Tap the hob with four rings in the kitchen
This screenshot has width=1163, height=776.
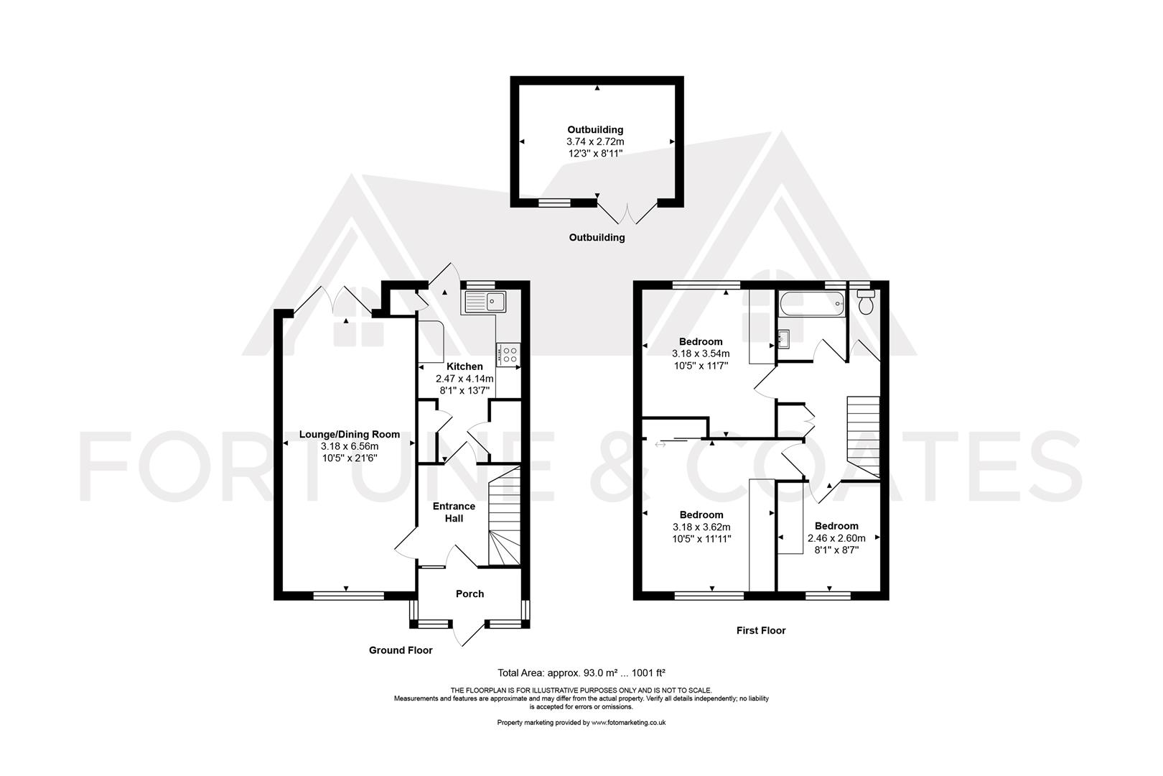pos(509,354)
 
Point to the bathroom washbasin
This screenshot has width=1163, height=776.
pos(783,338)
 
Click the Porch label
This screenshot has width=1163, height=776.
pos(470,593)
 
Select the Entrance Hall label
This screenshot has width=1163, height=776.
pos(454,512)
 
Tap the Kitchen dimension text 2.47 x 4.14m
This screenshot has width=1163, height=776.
pos(464,379)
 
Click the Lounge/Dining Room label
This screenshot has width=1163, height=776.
pos(349,434)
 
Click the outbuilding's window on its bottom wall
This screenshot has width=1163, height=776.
pos(555,203)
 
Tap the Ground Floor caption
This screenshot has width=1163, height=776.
pos(401,650)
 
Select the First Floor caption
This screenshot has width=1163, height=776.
pos(761,630)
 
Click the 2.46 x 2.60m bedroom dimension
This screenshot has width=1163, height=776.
pos(836,537)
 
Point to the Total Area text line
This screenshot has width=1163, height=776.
pos(581,673)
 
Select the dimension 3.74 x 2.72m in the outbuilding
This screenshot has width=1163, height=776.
pos(595,142)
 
